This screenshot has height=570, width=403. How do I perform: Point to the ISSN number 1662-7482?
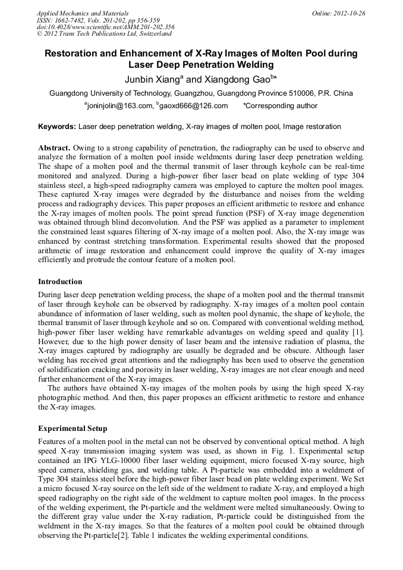pos(71,20)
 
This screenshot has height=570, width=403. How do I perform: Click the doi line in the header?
pos(105,27)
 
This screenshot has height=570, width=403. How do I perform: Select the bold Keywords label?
pos(57,127)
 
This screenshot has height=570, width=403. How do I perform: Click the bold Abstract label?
pos(55,147)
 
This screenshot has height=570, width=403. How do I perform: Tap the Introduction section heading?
pos(60,281)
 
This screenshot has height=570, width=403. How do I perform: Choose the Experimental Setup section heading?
pos(73,428)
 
